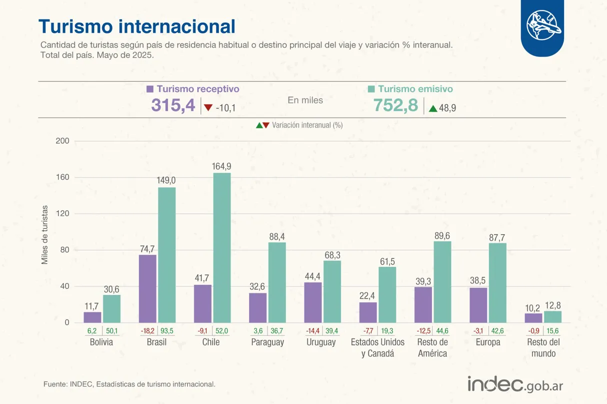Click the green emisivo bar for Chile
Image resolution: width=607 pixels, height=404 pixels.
[x=222, y=248]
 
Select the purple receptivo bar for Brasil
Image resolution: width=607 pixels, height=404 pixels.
[x=147, y=289]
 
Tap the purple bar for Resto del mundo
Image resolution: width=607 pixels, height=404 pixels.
[x=533, y=318]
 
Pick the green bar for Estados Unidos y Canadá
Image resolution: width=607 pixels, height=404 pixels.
[x=387, y=295]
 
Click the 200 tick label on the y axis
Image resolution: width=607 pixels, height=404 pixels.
[x=62, y=142]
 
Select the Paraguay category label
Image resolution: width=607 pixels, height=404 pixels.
[x=267, y=342]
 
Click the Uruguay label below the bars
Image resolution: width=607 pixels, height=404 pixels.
[x=321, y=342]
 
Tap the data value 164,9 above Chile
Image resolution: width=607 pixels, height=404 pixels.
[x=222, y=166]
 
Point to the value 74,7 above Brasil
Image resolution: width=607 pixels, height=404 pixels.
[x=147, y=248]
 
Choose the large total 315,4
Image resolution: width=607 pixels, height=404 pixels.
[x=173, y=106]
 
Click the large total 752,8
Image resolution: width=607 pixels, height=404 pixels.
[x=395, y=106]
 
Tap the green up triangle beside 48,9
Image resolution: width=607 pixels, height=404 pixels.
[x=432, y=108]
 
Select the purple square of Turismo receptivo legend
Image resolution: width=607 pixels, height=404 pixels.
[x=150, y=89]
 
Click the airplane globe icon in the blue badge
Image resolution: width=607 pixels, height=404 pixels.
[x=542, y=26]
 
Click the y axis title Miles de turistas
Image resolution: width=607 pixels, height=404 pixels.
[x=44, y=234]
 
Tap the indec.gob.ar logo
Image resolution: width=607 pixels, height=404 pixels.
[x=515, y=384]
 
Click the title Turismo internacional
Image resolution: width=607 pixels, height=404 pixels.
[x=136, y=26]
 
